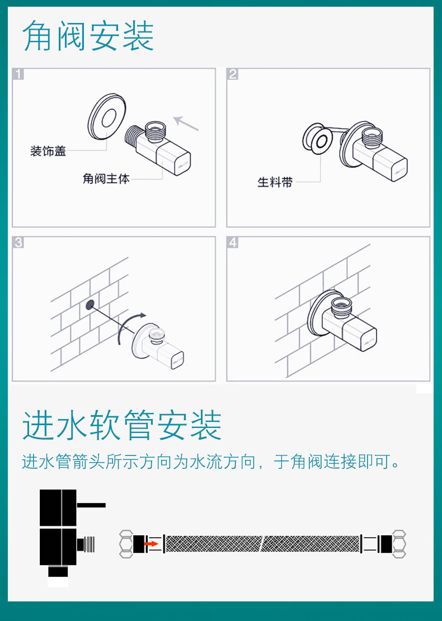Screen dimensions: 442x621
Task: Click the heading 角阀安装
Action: (88, 36)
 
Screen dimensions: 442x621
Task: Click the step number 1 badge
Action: (18, 74)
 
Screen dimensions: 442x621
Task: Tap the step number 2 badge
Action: (233, 74)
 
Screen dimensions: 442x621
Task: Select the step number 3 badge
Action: (18, 242)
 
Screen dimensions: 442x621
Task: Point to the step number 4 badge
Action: (233, 242)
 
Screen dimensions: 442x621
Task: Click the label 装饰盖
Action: (48, 151)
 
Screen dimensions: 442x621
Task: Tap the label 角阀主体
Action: (106, 178)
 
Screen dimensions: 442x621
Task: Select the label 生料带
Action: (275, 182)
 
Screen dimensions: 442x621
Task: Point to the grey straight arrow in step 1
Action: (186, 124)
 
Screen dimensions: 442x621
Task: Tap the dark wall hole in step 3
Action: (90, 304)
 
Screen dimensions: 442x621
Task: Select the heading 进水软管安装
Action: (121, 426)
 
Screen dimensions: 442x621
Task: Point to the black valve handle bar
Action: (91, 505)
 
